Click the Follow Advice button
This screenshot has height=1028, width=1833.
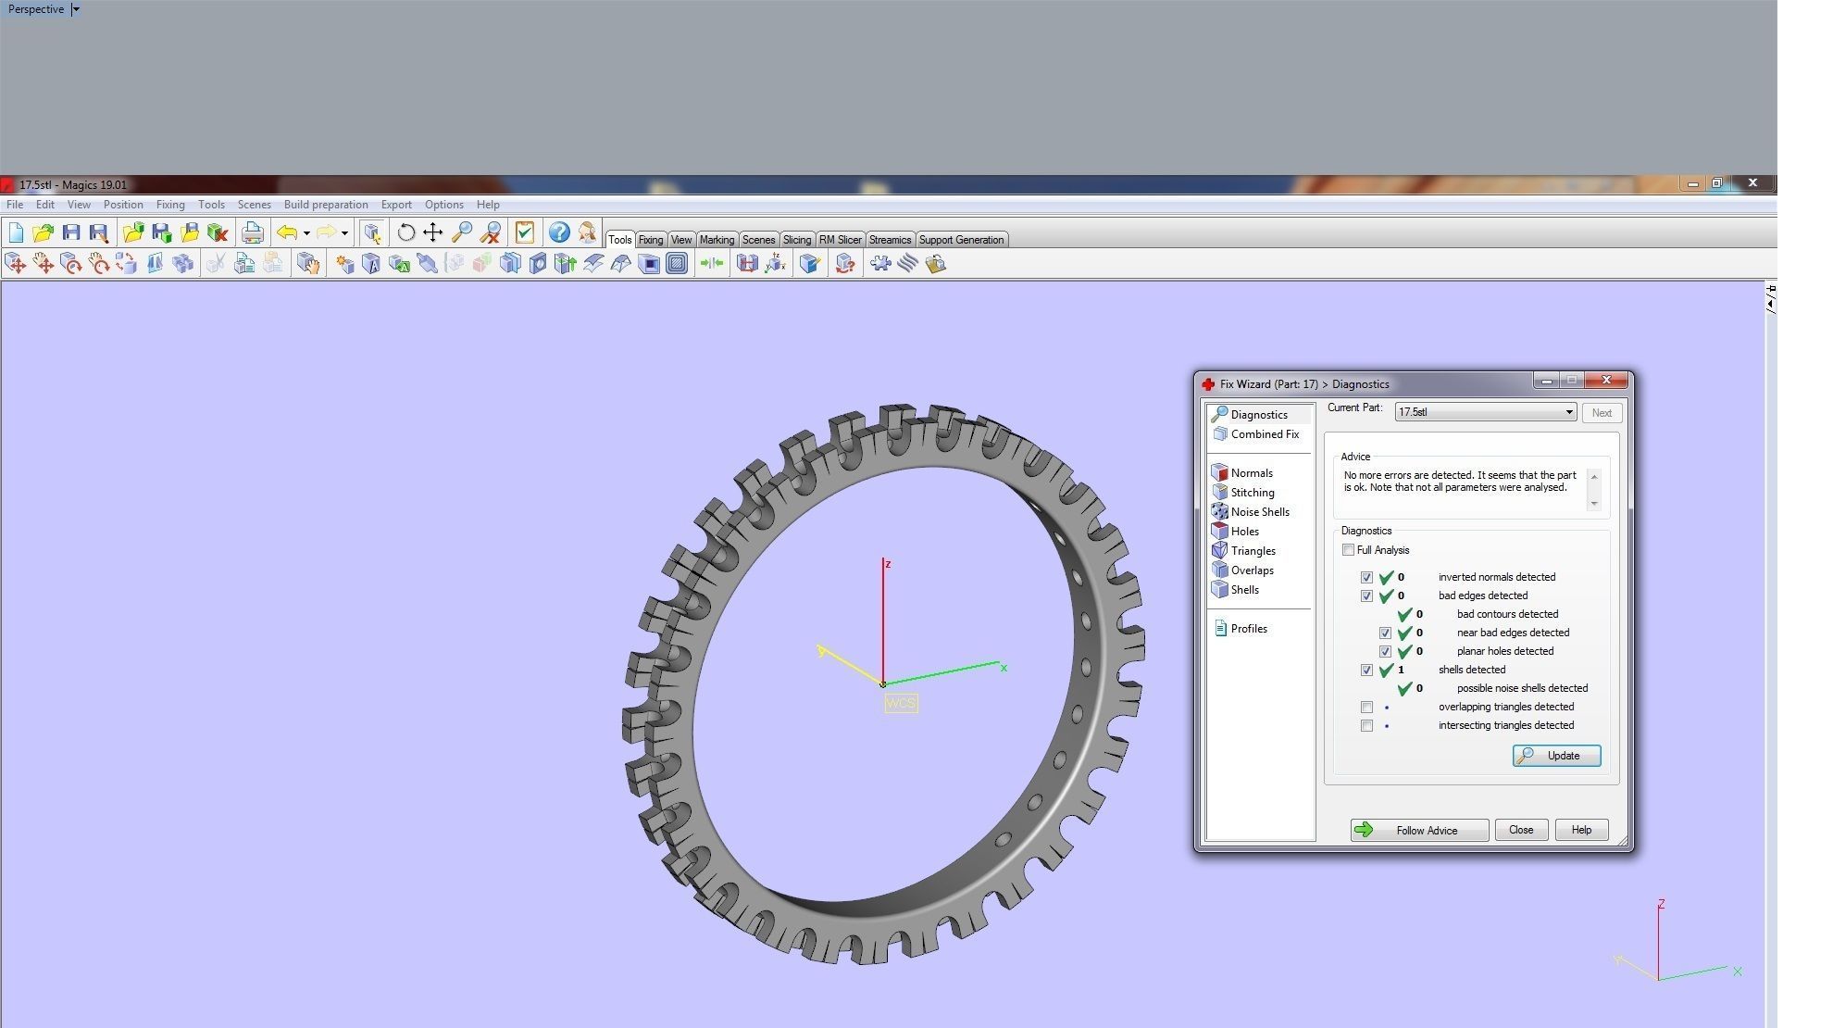(x=1418, y=830)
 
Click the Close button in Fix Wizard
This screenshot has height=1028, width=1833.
(x=1520, y=830)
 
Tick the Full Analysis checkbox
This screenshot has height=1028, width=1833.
(x=1349, y=550)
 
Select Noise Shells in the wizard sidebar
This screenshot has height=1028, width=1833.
(x=1259, y=512)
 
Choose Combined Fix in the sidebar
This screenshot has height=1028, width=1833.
(x=1264, y=434)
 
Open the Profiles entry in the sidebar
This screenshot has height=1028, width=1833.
(x=1248, y=629)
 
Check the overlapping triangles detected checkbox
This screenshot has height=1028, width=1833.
(x=1366, y=707)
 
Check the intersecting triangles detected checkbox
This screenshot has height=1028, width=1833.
(x=1366, y=725)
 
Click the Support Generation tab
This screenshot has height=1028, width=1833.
(x=960, y=240)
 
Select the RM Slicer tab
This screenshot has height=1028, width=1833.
(x=840, y=240)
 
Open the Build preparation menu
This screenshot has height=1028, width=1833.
(x=326, y=205)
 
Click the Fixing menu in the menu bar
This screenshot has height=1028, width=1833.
(x=170, y=205)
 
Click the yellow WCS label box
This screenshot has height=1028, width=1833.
(x=900, y=703)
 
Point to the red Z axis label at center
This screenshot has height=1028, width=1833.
(x=888, y=564)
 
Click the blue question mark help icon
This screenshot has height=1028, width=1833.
(x=558, y=232)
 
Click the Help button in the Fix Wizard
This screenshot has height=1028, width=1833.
(x=1580, y=830)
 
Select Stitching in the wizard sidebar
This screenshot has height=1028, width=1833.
(x=1252, y=493)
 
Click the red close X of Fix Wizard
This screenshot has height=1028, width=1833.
(x=1606, y=381)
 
